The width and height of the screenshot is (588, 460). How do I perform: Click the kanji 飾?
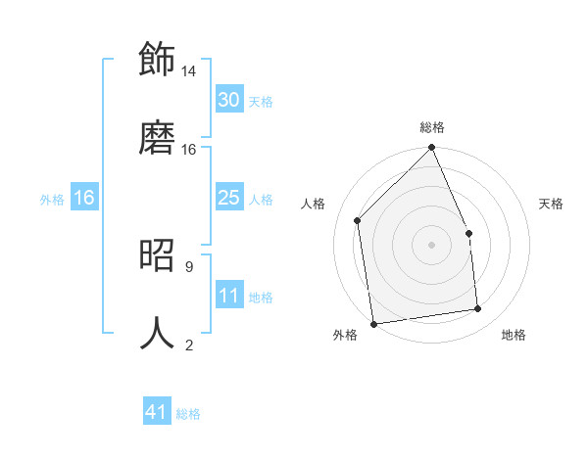(157, 58)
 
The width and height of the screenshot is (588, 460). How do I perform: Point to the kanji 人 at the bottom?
(157, 332)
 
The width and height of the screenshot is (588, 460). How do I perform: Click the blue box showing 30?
(229, 100)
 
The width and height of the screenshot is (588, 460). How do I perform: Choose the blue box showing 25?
(229, 198)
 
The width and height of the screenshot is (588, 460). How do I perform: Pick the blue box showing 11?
(229, 296)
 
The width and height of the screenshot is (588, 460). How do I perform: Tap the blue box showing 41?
(157, 412)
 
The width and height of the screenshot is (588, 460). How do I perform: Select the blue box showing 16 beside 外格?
(84, 198)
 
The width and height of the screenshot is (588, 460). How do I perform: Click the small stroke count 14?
(189, 71)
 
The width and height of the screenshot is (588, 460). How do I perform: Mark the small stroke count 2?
(188, 345)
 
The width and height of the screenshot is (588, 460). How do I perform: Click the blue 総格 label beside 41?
(188, 414)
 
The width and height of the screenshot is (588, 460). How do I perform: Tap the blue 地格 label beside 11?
(261, 298)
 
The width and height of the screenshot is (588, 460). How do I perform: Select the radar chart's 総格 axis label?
(432, 127)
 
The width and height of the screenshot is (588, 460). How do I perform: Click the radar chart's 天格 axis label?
(552, 204)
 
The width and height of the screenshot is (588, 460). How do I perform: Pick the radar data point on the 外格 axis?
(373, 324)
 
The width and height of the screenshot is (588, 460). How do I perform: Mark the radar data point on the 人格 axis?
(358, 220)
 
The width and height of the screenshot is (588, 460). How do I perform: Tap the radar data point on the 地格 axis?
(478, 309)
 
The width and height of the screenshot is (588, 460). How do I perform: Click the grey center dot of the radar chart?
(432, 245)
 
